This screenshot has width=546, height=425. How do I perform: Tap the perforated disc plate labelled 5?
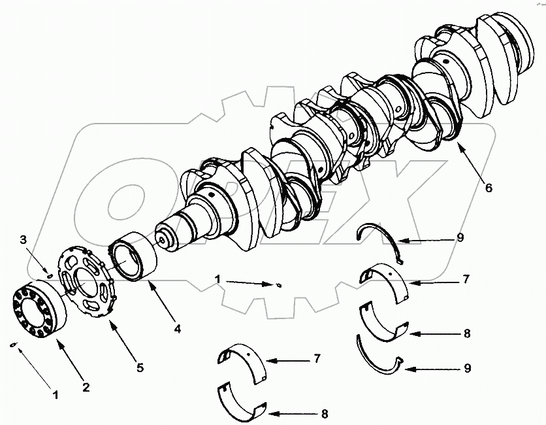pos(89,281)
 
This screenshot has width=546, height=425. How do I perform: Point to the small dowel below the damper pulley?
pos(14,345)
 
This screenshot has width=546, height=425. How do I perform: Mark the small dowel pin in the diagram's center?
pos(279,284)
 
